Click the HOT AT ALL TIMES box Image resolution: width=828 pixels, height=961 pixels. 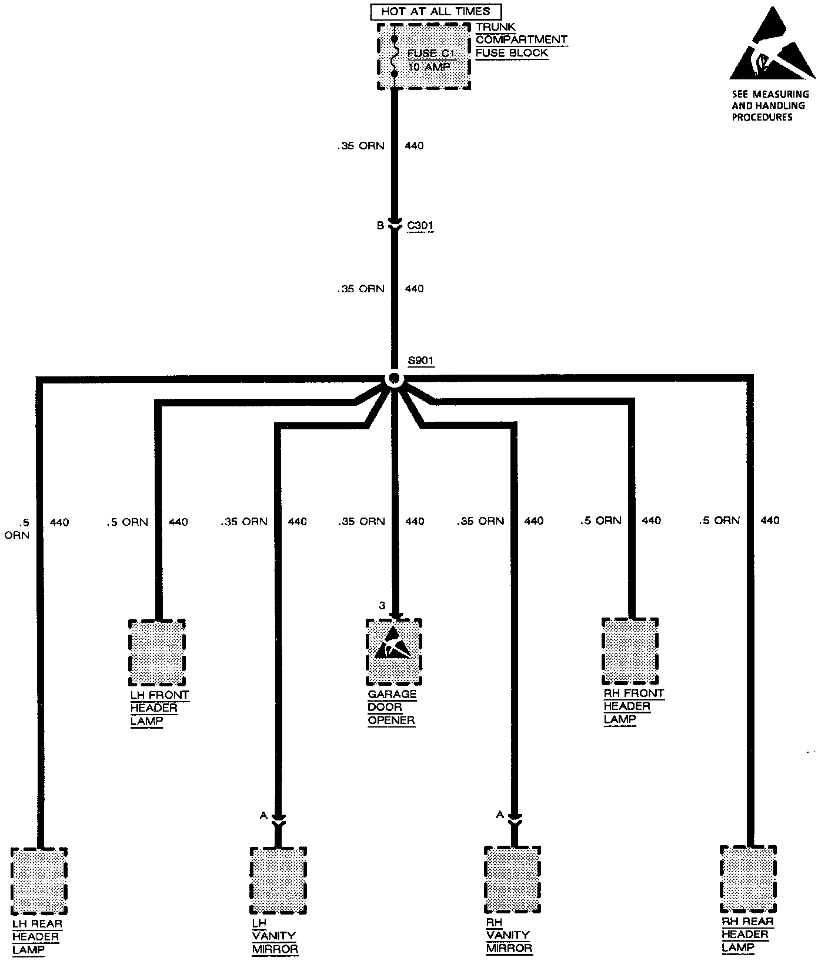(x=436, y=11)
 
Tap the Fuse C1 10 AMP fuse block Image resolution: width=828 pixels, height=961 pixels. (x=423, y=57)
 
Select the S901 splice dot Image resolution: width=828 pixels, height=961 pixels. (x=394, y=378)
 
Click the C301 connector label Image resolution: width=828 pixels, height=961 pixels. (x=420, y=226)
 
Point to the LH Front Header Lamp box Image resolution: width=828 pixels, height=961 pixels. (x=156, y=653)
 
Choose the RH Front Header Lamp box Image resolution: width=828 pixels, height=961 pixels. (x=630, y=652)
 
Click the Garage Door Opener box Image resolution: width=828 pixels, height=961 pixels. (x=394, y=652)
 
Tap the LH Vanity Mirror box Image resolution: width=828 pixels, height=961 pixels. (x=278, y=880)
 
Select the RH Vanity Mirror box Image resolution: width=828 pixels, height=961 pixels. (x=512, y=879)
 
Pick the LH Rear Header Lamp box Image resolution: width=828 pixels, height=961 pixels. (x=39, y=880)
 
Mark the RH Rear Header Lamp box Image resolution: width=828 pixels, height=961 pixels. (x=748, y=879)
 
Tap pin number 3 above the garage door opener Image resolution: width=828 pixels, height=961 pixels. (x=382, y=605)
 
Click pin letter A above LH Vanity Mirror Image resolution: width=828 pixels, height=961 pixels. (x=263, y=815)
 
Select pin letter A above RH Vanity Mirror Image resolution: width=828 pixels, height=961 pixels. (x=500, y=814)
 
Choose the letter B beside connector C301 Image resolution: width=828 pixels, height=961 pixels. (x=380, y=226)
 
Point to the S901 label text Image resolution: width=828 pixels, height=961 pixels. (x=420, y=361)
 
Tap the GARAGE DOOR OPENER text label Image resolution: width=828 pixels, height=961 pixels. (x=392, y=707)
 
